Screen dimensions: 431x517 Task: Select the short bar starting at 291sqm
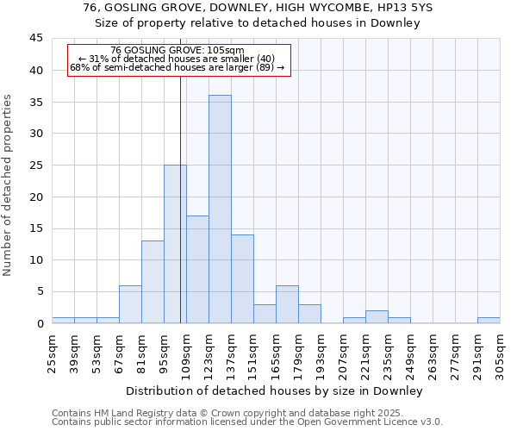tap(489, 320)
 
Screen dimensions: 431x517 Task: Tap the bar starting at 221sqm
tap(377, 316)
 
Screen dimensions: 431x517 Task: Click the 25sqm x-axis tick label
tap(52, 351)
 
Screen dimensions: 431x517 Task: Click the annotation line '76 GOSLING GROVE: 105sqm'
tap(178, 50)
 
